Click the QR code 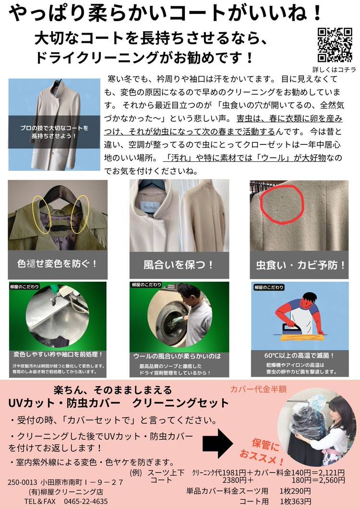pos(335,45)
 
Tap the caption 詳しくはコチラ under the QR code pos(334,70)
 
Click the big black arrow pos(218,443)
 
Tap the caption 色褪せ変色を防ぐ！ pos(57,263)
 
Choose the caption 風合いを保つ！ pos(179,265)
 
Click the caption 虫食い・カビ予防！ pos(300,265)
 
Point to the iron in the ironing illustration pos(289,329)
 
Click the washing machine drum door pos(168,320)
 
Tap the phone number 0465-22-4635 pos(86,501)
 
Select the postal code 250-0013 pos(23,483)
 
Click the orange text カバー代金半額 pos(258,389)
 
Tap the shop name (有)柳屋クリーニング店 pos(66,492)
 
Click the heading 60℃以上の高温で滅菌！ pos(299,356)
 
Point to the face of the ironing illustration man pos(307,304)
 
